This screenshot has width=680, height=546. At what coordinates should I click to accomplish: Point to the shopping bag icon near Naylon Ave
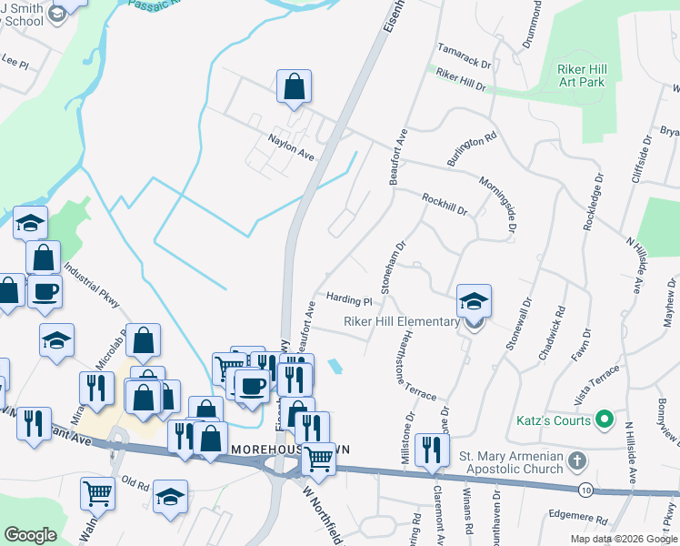pyautogui.click(x=294, y=87)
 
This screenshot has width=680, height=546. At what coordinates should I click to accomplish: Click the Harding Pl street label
pyautogui.click(x=349, y=299)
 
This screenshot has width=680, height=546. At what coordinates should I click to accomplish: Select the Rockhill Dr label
pyautogui.click(x=445, y=203)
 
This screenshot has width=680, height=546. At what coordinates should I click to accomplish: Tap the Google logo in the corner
pyautogui.click(x=30, y=534)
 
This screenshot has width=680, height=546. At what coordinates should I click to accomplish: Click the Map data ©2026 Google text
pyautogui.click(x=623, y=539)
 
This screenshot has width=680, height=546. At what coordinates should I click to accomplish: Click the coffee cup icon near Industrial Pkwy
pyautogui.click(x=45, y=291)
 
